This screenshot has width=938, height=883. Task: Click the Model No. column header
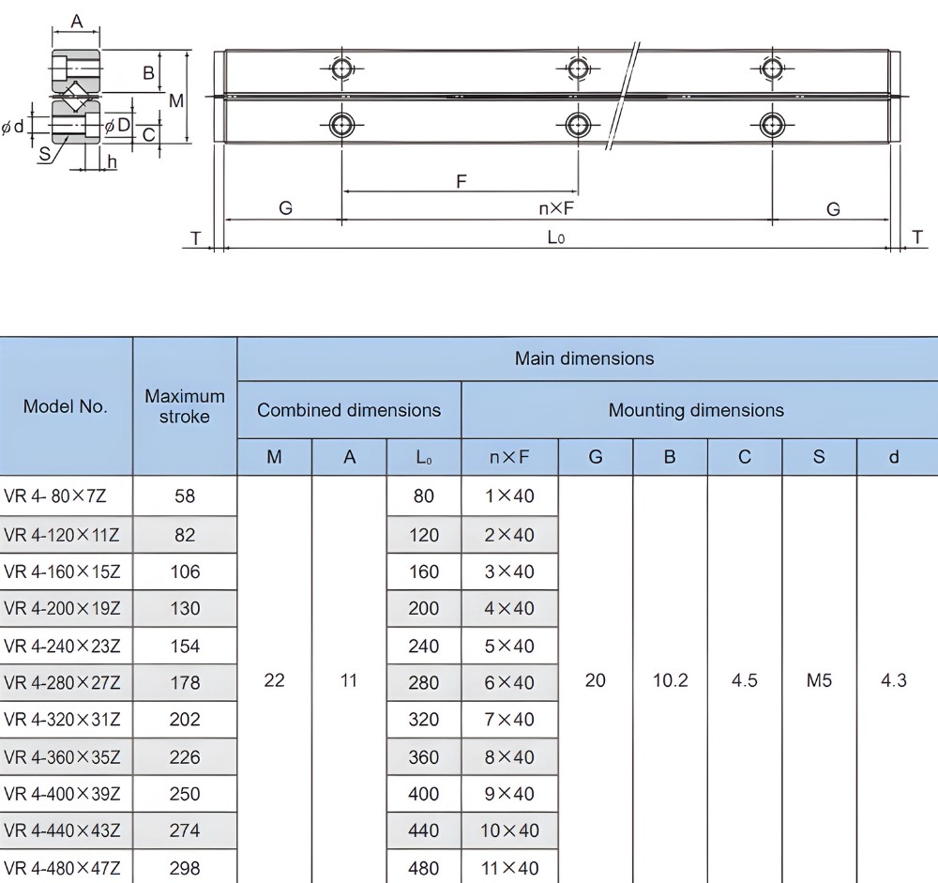[x=66, y=406]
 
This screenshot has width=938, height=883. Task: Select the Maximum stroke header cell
[x=185, y=406]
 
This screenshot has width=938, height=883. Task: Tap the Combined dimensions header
[x=349, y=410]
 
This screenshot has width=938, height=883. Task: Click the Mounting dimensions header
[x=696, y=410]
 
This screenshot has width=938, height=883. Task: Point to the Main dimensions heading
[x=584, y=358]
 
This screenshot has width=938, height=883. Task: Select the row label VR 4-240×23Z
[x=63, y=646]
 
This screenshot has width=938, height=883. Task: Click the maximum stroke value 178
[x=185, y=682]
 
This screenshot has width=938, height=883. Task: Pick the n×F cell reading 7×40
[x=509, y=720]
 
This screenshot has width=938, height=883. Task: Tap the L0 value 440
[x=424, y=830]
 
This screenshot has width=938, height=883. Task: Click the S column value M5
[x=819, y=680]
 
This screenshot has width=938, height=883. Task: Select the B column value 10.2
[x=670, y=680]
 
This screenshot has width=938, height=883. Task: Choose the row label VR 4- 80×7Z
[x=62, y=496]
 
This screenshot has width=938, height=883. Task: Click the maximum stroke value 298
[x=185, y=868]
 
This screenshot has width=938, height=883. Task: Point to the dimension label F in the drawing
[x=461, y=181]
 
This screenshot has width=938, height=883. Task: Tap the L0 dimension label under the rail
[x=556, y=237]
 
